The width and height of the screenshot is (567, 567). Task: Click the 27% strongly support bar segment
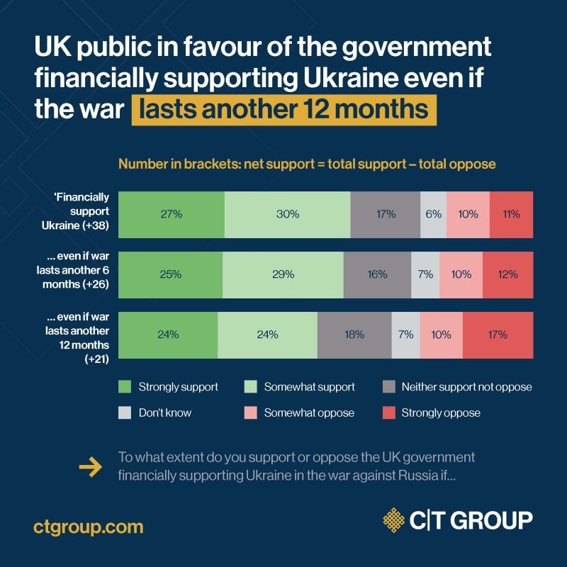(171, 214)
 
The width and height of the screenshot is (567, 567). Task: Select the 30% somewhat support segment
(287, 214)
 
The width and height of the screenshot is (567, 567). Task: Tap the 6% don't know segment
(434, 214)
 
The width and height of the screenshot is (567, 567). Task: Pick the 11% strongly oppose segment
(511, 214)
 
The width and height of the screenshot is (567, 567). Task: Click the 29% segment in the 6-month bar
(283, 274)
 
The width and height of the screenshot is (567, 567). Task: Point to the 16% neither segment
(377, 274)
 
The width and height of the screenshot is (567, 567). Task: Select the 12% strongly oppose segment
(507, 274)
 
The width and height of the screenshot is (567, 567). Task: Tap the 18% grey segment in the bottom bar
(354, 335)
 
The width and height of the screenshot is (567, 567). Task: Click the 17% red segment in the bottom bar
(498, 335)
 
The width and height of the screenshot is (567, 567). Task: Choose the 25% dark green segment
(170, 274)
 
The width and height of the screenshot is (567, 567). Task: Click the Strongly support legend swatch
(125, 388)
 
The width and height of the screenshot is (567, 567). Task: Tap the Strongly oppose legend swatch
(388, 412)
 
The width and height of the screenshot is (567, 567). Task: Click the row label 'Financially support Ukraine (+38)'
(81, 214)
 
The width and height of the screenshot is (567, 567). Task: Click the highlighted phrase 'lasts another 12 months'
(283, 110)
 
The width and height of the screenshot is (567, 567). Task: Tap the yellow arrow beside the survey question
(90, 466)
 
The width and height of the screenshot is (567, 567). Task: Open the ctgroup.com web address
(89, 527)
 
